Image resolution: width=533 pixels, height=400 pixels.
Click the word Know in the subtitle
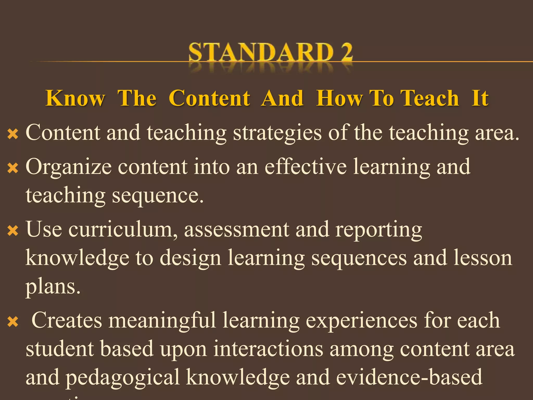pos(75,98)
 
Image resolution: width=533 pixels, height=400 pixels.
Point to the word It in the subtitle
pos(480,98)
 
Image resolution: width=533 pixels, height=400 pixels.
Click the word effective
pos(306,167)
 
